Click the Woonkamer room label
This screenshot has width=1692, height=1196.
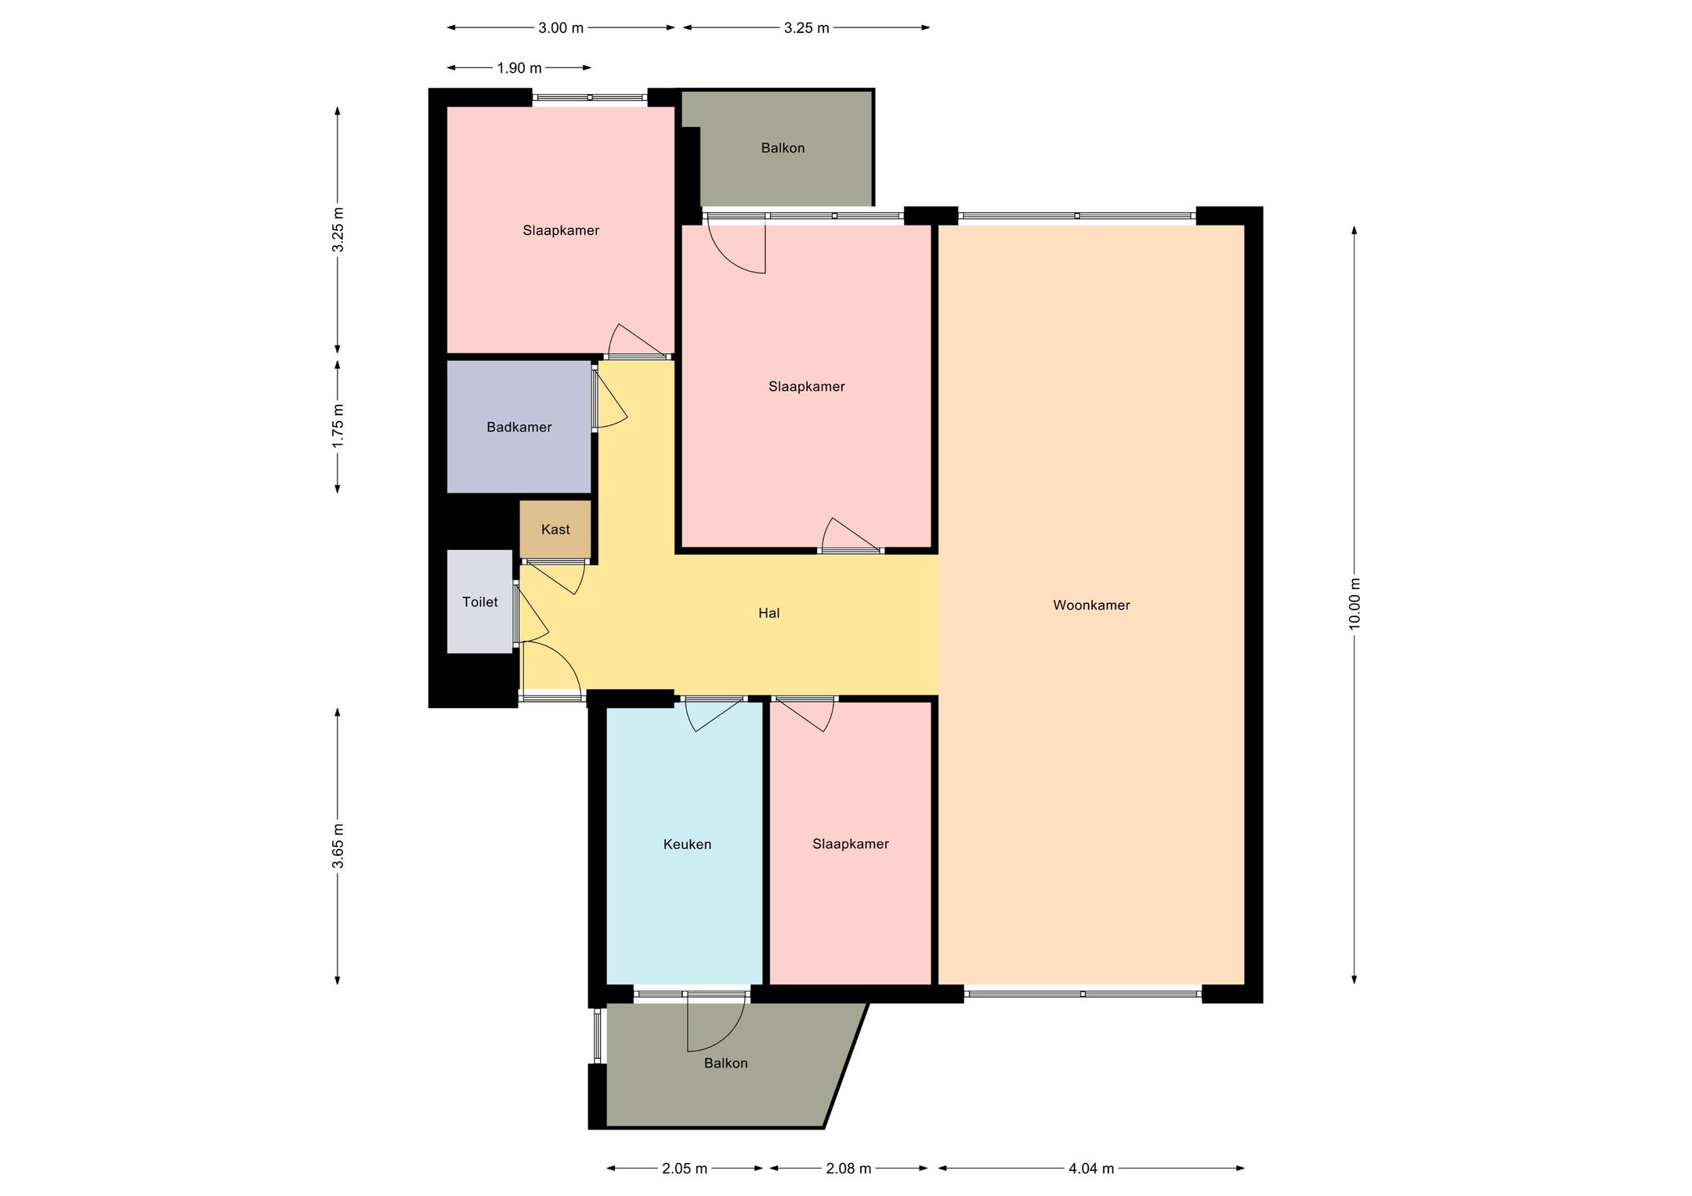[x=1091, y=605]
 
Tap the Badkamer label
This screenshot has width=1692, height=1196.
[x=519, y=427]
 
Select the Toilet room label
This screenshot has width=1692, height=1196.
[x=479, y=602]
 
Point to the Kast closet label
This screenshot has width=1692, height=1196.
[x=555, y=529]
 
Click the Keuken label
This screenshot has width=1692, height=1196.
[x=687, y=844]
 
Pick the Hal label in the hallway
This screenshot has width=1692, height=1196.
[x=768, y=613]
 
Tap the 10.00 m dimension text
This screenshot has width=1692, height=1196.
[x=1355, y=603]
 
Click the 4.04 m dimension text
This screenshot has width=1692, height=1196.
[x=1091, y=1169]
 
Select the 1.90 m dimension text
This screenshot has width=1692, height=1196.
[x=519, y=68]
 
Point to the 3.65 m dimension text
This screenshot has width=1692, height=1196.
[x=338, y=847]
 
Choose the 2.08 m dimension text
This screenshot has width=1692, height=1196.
[x=848, y=1169]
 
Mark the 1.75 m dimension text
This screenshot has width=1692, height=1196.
[x=338, y=427]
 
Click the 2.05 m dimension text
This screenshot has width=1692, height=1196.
[x=685, y=1169]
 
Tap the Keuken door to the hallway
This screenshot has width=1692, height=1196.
[x=714, y=714]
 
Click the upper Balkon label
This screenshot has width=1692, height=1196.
[x=783, y=148]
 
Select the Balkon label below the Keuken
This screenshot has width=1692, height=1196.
[x=725, y=1063]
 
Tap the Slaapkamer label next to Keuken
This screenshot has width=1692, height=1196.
[x=850, y=844]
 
